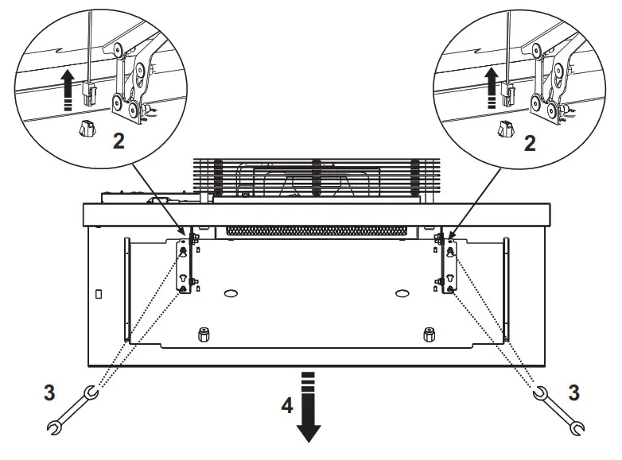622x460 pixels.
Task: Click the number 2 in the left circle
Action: pyautogui.click(x=118, y=141)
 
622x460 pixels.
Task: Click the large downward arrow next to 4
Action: pyautogui.click(x=309, y=405)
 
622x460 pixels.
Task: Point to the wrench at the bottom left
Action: pyautogui.click(x=71, y=411)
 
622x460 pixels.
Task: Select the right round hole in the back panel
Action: pyautogui.click(x=402, y=293)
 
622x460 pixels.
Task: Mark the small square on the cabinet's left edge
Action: pyautogui.click(x=98, y=294)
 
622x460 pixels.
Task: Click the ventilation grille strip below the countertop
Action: pyautogui.click(x=318, y=230)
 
